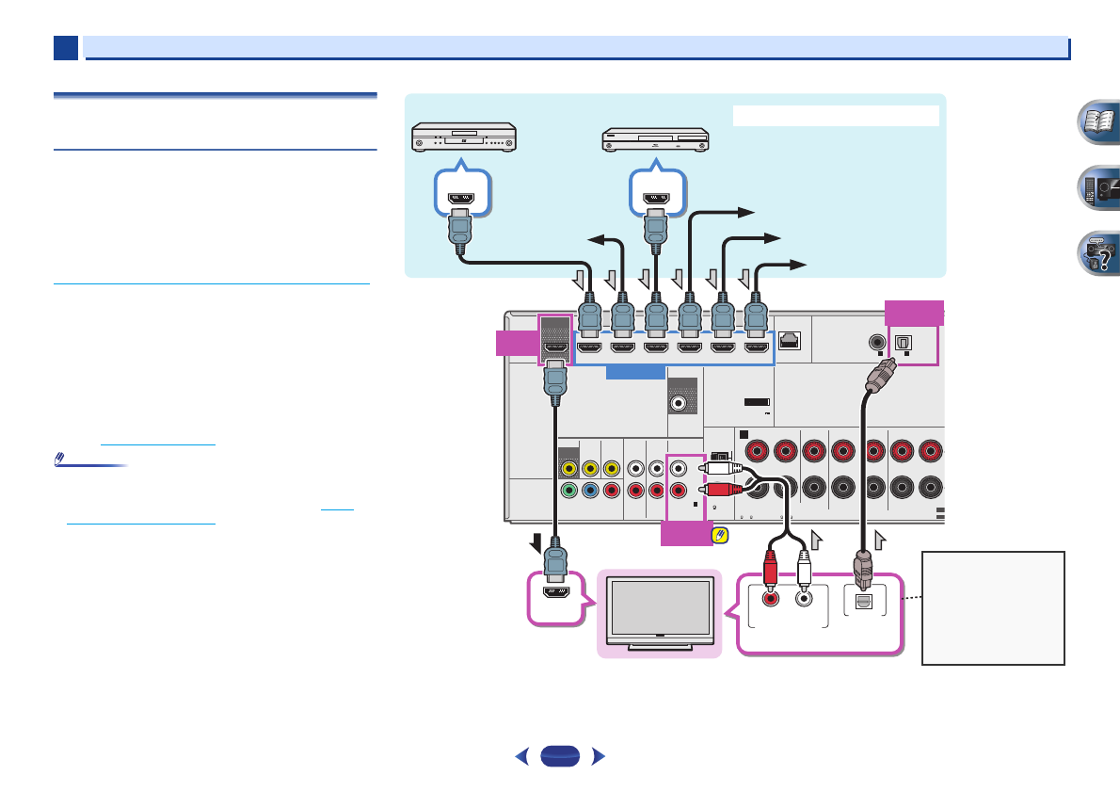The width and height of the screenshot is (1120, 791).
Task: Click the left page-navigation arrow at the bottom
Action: pos(520,755)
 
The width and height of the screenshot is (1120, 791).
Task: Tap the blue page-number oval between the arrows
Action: pos(558,755)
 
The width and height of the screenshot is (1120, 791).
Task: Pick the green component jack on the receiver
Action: pos(568,490)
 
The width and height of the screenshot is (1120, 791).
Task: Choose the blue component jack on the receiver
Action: pos(590,490)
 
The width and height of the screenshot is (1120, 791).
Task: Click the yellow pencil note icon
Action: pos(722,535)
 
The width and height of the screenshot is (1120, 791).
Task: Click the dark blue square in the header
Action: pos(65,47)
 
